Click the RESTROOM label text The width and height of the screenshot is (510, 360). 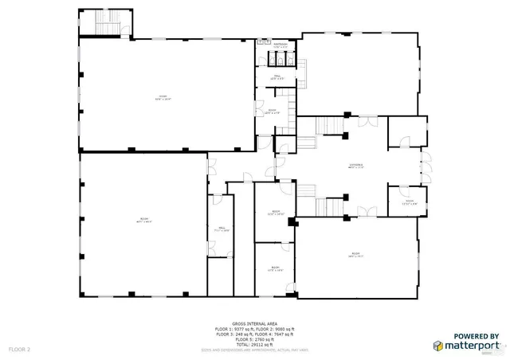[280, 46]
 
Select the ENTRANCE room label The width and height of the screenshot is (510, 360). [356, 166]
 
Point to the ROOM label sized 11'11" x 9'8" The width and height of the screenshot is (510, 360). [409, 202]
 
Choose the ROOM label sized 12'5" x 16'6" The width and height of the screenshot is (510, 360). [275, 213]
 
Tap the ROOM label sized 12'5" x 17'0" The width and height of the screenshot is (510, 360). [275, 268]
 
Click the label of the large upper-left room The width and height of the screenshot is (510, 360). [163, 97]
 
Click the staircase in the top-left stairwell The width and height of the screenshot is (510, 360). [106, 25]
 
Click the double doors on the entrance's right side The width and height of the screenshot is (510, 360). [425, 168]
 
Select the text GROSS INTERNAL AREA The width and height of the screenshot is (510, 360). [255, 323]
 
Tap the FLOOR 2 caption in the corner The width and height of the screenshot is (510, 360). [19, 349]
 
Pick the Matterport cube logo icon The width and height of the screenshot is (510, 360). [438, 346]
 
